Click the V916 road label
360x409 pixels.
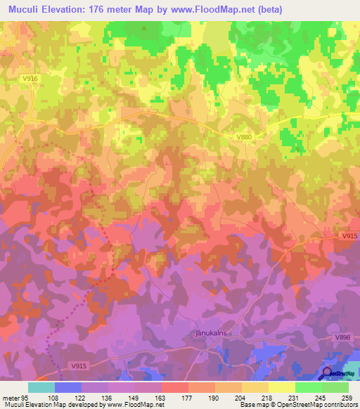tap(30, 79)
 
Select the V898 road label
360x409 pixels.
tap(342, 338)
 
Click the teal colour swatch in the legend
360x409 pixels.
tap(41, 387)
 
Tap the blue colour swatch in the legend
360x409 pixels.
tap(68, 387)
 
